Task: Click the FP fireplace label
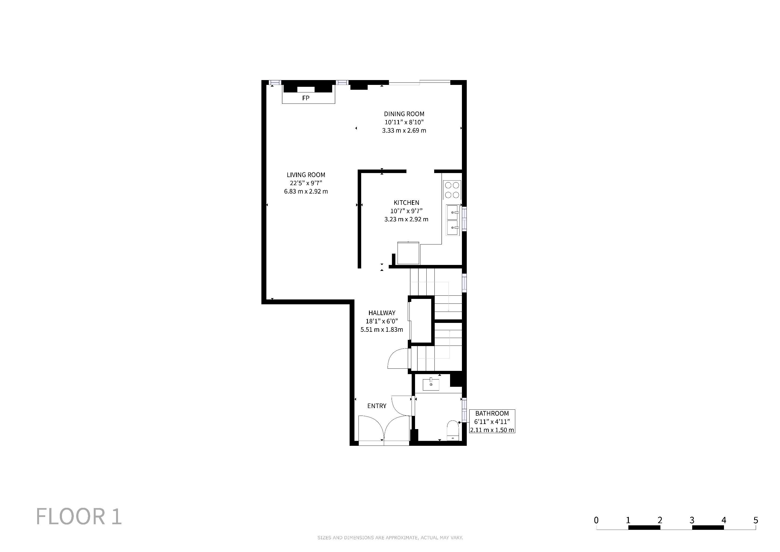pyautogui.click(x=306, y=98)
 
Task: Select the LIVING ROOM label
pyautogui.click(x=306, y=175)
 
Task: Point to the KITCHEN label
pyautogui.click(x=406, y=203)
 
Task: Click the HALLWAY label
pyautogui.click(x=382, y=313)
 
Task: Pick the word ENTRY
pyautogui.click(x=377, y=406)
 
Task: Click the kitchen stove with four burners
pyautogui.click(x=452, y=190)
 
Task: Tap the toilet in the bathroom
pyautogui.click(x=452, y=431)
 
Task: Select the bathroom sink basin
pyautogui.click(x=431, y=384)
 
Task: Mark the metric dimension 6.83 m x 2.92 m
pyautogui.click(x=306, y=192)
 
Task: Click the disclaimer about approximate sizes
pyautogui.click(x=390, y=538)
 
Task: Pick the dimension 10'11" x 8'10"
pyautogui.click(x=404, y=122)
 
